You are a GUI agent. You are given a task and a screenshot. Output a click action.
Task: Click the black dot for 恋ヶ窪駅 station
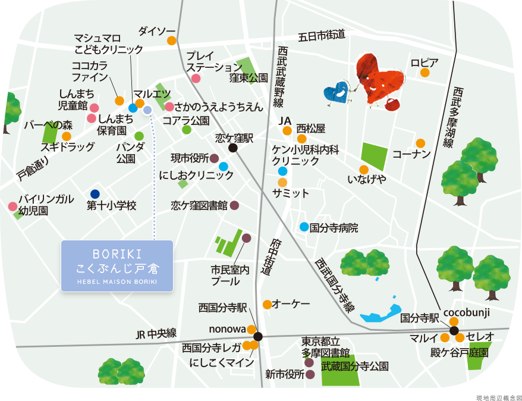point(233,148)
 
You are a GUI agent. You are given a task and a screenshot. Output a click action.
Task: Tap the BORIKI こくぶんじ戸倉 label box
point(117,267)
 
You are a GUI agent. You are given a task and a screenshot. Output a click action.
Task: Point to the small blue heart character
point(337,92)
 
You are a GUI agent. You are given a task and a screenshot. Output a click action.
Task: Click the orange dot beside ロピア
point(425,73)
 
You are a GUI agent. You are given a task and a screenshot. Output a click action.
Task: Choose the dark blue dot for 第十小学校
point(95,194)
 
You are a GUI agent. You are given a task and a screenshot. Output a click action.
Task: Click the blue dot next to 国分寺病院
point(304,227)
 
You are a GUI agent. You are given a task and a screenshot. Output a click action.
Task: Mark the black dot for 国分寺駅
point(454,331)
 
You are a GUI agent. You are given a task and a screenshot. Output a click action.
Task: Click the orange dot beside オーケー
point(267,304)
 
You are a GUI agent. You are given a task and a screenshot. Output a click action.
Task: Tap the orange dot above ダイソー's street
point(171,40)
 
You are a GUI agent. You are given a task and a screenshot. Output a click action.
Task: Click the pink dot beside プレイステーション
point(196,78)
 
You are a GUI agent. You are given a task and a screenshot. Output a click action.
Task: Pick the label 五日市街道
point(321,35)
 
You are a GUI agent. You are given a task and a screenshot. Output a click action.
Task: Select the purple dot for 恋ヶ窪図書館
point(234,205)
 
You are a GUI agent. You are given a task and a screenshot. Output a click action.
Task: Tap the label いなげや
point(366,178)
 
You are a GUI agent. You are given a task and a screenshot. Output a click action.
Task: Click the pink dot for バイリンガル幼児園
point(12,206)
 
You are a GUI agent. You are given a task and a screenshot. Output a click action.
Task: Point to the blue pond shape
point(381,312)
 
